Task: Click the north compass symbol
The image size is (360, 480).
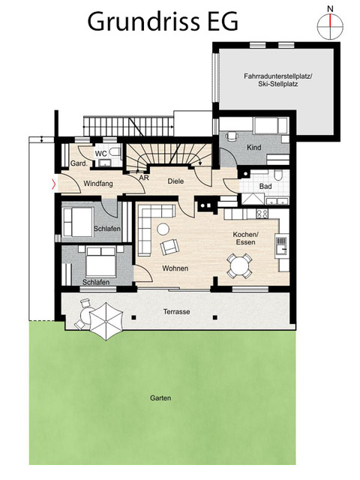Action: pos(330,26)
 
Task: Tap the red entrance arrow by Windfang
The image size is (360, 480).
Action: pos(54,184)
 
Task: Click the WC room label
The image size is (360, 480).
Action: pos(101,153)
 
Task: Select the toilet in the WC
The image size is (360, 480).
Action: pos(115,151)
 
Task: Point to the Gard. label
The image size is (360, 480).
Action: pos(79,163)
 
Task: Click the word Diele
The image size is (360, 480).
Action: pos(175,181)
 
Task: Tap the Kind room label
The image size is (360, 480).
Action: pos(253,147)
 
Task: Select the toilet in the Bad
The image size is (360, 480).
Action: pos(278,175)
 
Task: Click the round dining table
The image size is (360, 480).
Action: pos(239,265)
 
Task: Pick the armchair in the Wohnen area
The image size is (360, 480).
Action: pos(169,247)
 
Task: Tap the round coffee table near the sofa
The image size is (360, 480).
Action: pos(163,229)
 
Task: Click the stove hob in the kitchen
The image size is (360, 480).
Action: pos(262,214)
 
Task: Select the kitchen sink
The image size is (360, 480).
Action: pos(282,246)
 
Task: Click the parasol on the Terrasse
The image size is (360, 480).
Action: pos(106,322)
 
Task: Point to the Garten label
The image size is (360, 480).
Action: pos(160,398)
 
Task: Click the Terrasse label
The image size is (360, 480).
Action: pos(176,312)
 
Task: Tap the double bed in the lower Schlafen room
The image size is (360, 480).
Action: pos(100,261)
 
